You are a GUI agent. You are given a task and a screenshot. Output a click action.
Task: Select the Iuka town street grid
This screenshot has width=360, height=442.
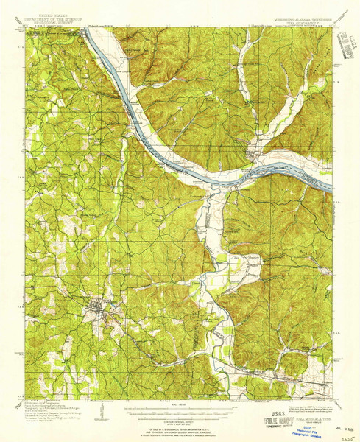pos(100,307)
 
